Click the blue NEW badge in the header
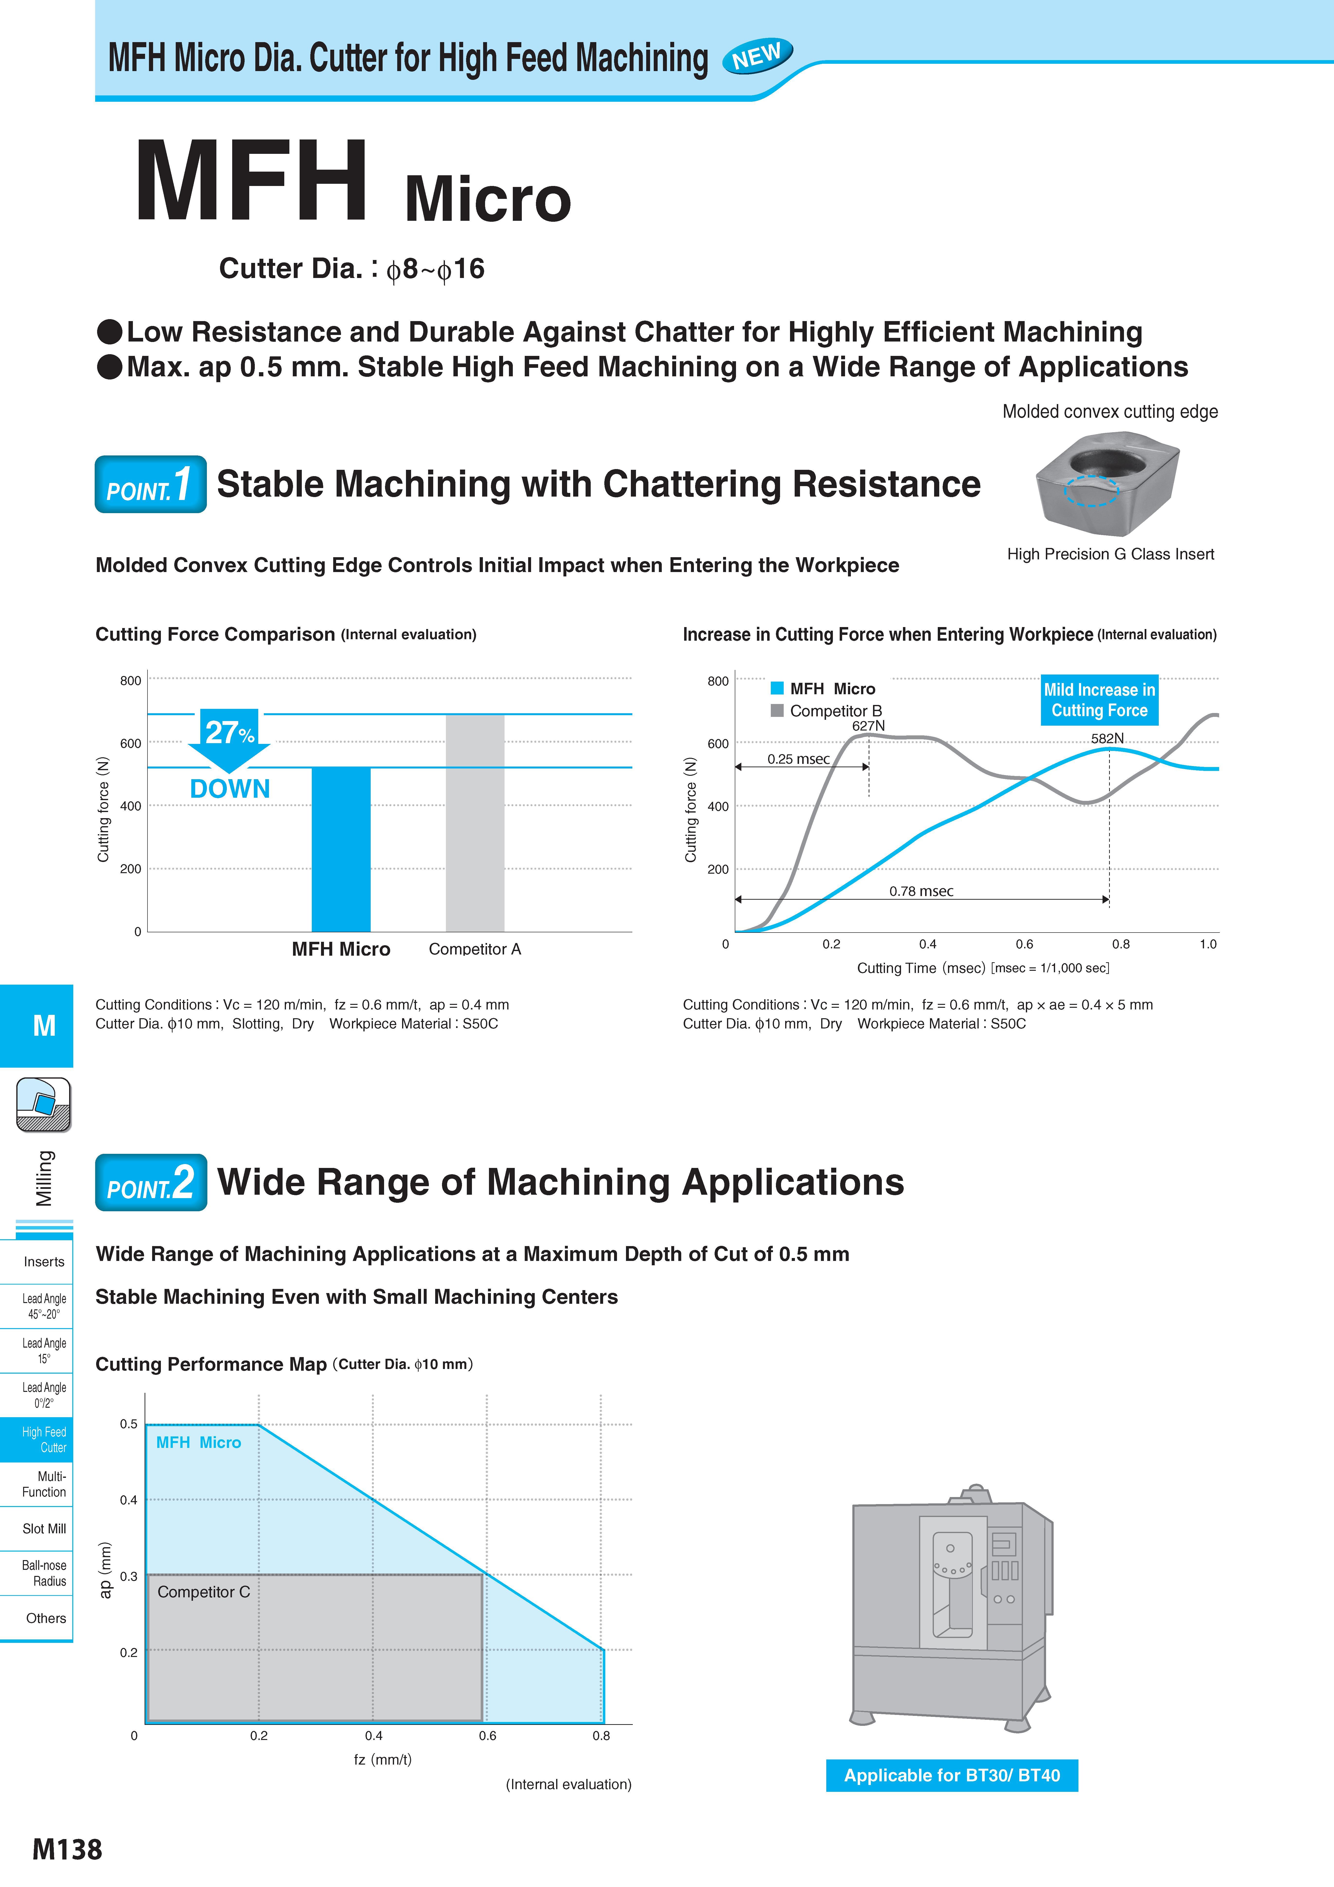pyautogui.click(x=757, y=56)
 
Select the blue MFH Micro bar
pyautogui.click(x=341, y=849)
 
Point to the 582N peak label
pyautogui.click(x=1107, y=738)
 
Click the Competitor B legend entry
pyautogui.click(x=827, y=711)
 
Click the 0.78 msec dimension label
pyautogui.click(x=921, y=891)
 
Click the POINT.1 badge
pyautogui.click(x=150, y=484)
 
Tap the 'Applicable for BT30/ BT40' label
pyautogui.click(x=952, y=1775)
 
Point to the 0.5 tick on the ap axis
pyautogui.click(x=129, y=1424)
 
